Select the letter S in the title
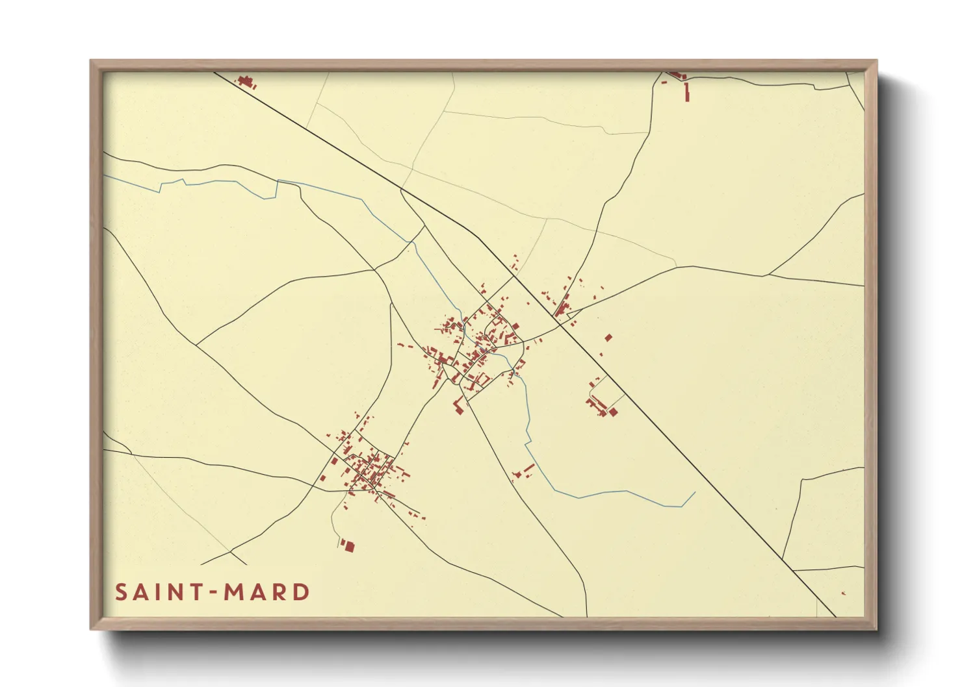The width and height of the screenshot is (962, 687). click(x=121, y=592)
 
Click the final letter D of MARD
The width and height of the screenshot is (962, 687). click(x=301, y=592)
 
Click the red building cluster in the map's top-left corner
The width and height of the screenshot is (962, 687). click(x=246, y=81)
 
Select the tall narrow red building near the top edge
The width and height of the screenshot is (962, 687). click(x=687, y=92)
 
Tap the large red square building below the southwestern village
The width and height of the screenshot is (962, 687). click(x=349, y=546)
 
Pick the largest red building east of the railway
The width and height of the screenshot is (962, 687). click(x=608, y=338)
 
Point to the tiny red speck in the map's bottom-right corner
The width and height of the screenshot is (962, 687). click(x=843, y=593)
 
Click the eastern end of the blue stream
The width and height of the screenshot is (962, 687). click(x=695, y=492)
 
